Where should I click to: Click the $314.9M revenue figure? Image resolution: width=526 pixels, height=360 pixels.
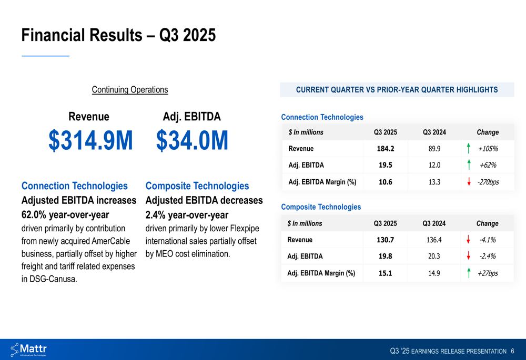[90, 140]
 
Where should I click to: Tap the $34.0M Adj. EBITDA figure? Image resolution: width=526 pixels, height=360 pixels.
[192, 140]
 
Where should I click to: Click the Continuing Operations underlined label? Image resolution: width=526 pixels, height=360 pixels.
[130, 90]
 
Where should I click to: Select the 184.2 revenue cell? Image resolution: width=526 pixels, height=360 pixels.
[385, 149]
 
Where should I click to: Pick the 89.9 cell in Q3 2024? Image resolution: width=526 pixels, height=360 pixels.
[434, 149]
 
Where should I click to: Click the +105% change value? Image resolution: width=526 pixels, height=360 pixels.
[488, 149]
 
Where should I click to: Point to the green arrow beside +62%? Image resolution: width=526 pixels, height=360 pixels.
[469, 165]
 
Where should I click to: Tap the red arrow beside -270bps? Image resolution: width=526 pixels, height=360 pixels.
[469, 182]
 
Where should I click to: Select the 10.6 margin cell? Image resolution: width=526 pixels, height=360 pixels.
[385, 182]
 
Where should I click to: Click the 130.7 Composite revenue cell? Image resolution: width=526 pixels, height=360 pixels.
[385, 240]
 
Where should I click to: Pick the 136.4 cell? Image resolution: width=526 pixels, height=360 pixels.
[434, 240]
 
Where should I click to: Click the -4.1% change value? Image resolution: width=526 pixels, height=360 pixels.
[487, 240]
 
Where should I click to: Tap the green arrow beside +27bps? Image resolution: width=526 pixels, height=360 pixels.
[469, 273]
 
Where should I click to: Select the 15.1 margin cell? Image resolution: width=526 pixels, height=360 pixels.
[385, 273]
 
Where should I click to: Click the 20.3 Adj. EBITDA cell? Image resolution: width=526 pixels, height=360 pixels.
[434, 256]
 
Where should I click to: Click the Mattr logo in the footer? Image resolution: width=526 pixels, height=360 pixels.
[29, 349]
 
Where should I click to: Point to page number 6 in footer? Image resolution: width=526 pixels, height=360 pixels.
[512, 351]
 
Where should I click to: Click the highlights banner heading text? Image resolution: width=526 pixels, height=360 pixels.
[397, 90]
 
